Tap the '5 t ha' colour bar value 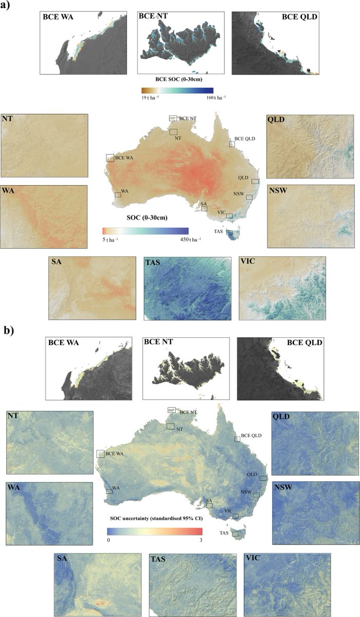(110, 240)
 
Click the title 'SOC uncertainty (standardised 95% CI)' (156, 519)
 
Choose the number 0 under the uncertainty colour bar (108, 540)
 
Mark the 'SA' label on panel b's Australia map (209, 500)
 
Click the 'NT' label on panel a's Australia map (178, 138)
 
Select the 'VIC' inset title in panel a (249, 263)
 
